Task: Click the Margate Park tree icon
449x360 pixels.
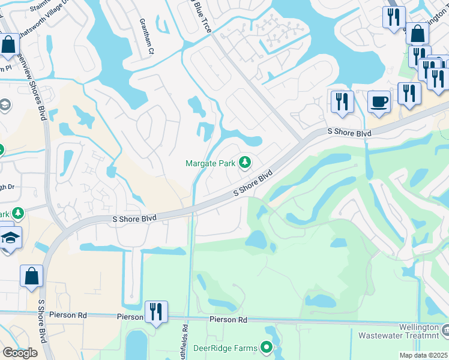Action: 244,163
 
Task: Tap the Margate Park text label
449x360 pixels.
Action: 211,163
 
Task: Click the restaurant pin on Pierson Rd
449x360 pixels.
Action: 156,312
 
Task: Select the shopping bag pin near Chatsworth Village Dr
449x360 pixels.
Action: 8,46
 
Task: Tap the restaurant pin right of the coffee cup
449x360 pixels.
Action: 409,94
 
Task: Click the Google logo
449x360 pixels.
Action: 20,353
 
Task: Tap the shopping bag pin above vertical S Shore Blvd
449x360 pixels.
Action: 31,277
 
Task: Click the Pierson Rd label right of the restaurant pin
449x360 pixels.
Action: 228,320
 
